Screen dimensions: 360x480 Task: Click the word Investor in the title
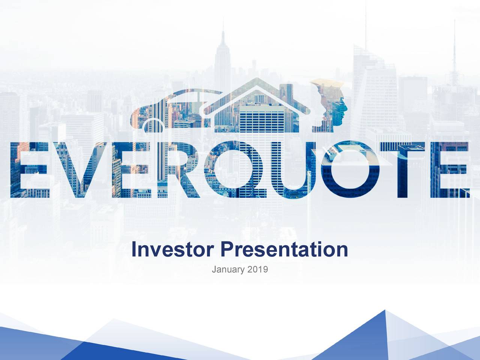pos(173,250)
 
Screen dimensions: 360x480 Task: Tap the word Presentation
pos(284,250)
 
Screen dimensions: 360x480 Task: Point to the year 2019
pos(258,269)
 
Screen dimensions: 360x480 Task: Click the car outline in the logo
pos(165,107)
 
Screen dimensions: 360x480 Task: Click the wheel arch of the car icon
pos(152,124)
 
